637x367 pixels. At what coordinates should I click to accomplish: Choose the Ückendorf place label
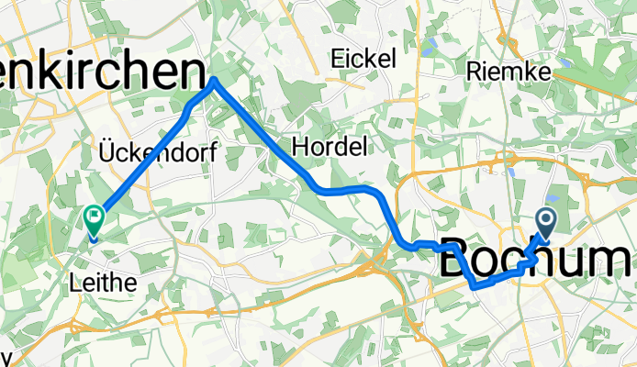pos(158,152)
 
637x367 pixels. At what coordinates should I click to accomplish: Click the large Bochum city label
pos(538,259)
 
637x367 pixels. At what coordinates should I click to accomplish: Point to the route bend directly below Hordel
pos(318,188)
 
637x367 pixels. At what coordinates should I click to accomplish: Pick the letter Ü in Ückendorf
pos(106,151)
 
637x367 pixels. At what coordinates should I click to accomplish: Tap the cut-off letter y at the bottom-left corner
pos(5,358)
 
